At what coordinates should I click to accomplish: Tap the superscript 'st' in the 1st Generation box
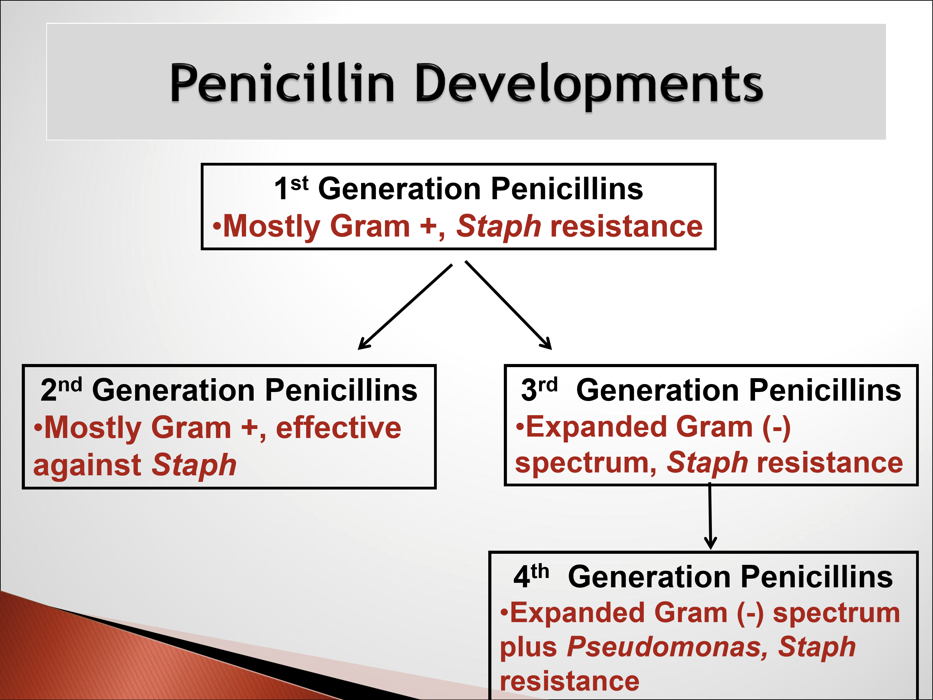pos(300,183)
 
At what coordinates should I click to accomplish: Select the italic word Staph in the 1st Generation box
pos(499,226)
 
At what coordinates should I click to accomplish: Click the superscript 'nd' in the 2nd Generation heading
pos(70,384)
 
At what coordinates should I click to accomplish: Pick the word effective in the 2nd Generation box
pos(338,428)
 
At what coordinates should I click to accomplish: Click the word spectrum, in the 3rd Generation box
pos(586,463)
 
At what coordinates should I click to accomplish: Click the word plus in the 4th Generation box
pos(528,647)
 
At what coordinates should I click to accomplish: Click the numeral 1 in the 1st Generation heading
pos(281,189)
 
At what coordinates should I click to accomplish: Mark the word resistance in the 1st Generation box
pos(626,226)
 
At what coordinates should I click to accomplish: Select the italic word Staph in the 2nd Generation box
pos(194,465)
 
